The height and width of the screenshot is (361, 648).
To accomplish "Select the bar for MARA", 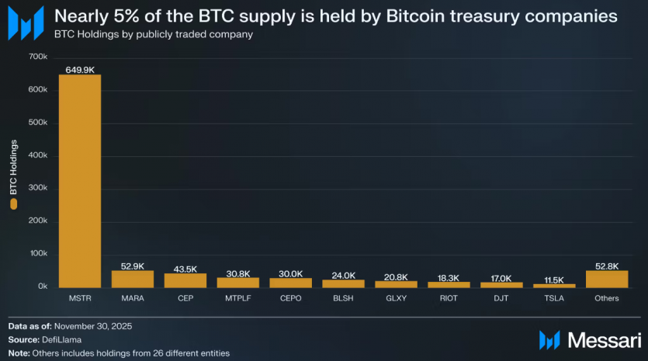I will tap(132, 279).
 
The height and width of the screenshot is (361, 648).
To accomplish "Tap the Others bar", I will tap(606, 279).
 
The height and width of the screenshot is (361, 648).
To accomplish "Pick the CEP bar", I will tap(185, 281).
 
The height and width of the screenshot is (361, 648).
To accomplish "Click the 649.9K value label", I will tap(80, 69).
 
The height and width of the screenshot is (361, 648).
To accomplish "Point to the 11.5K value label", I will tap(553, 279).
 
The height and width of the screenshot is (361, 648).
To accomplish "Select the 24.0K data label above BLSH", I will tap(343, 275).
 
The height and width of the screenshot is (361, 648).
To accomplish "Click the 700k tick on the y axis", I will tap(38, 57).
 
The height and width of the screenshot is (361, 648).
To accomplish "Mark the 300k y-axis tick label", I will tap(38, 189).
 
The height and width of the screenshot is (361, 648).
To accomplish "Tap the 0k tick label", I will tap(42, 287).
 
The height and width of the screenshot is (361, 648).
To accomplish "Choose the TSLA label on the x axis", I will tap(553, 298).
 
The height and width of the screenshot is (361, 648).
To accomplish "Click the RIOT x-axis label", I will tap(449, 298).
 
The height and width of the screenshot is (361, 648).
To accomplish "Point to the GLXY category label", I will tap(396, 298).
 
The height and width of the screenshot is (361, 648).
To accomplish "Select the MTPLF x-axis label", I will tap(237, 298).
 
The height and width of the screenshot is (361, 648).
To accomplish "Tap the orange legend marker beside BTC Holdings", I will tap(13, 204).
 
